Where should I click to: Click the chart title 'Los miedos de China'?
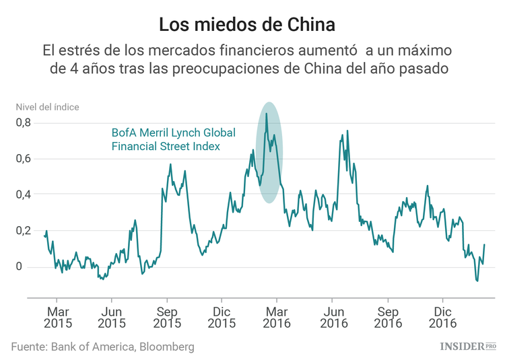246,25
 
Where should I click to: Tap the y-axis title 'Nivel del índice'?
47,106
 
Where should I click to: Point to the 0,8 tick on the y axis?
25,122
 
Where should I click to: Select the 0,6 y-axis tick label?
25,159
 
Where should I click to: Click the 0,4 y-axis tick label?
25,194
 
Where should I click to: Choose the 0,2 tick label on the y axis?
25,231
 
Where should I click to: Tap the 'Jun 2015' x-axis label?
112,318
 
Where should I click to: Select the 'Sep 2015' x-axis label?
167,318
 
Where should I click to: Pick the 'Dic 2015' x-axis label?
222,318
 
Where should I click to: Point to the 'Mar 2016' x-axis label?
277,318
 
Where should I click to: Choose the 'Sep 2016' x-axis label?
387,318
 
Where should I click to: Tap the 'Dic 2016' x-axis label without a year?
442,312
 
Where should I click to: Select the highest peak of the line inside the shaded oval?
267,114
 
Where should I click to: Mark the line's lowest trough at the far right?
477,281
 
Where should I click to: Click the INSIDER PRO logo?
467,346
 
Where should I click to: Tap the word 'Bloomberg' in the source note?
166,347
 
